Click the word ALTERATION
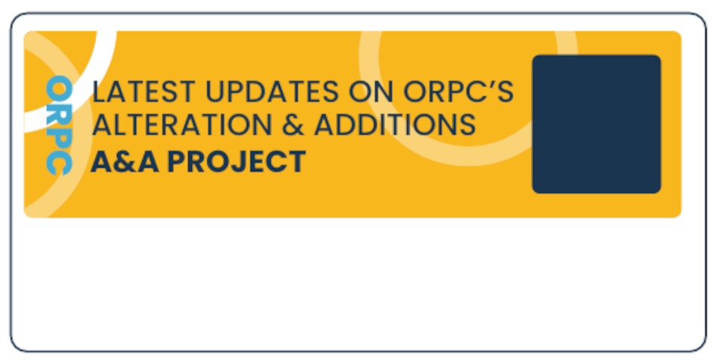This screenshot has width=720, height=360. [x=176, y=124]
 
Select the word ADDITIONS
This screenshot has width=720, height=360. [x=394, y=124]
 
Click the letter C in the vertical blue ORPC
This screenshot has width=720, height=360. [x=58, y=163]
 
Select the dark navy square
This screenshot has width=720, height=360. [x=596, y=124]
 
